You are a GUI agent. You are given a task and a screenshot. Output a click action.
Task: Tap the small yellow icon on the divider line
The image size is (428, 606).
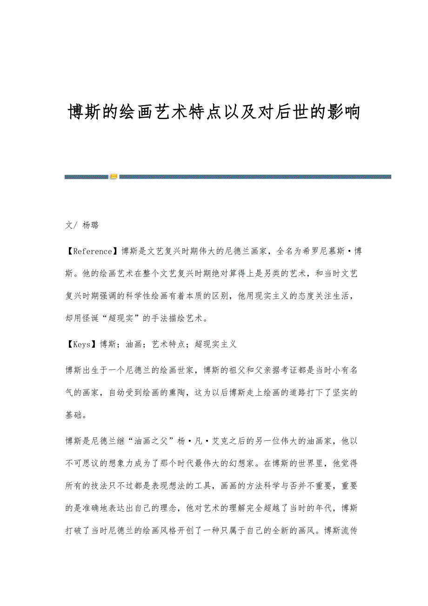tap(114, 177)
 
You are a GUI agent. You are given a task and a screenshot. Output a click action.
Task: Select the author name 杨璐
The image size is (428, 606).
tap(91, 225)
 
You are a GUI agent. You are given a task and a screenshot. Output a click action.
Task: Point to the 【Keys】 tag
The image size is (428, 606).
tap(82, 344)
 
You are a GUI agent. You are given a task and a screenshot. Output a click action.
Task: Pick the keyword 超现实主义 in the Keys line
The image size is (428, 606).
tap(216, 344)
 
